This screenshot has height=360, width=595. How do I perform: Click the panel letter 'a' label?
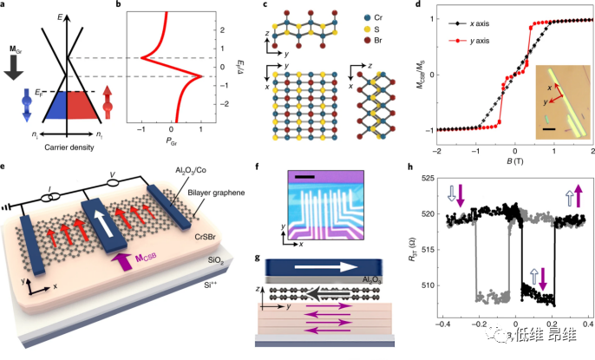(x=6, y=7)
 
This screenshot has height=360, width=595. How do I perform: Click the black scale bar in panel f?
(x=302, y=178)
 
